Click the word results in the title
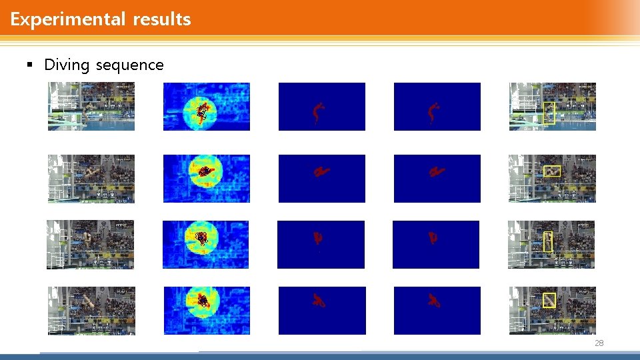tap(162, 19)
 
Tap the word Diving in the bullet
tap(67, 65)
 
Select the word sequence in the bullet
tap(130, 65)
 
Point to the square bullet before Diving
tap(29, 65)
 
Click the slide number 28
tap(598, 343)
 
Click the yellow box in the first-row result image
tap(549, 113)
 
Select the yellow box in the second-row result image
tap(551, 171)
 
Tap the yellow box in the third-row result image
tap(548, 241)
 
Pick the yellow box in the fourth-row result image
tap(549, 301)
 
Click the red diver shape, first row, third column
tap(319, 112)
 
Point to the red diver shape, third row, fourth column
tap(433, 237)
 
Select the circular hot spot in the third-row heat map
tap(201, 238)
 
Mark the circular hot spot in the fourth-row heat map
tap(203, 302)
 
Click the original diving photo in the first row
tap(91, 106)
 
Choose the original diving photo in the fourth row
tap(91, 311)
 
